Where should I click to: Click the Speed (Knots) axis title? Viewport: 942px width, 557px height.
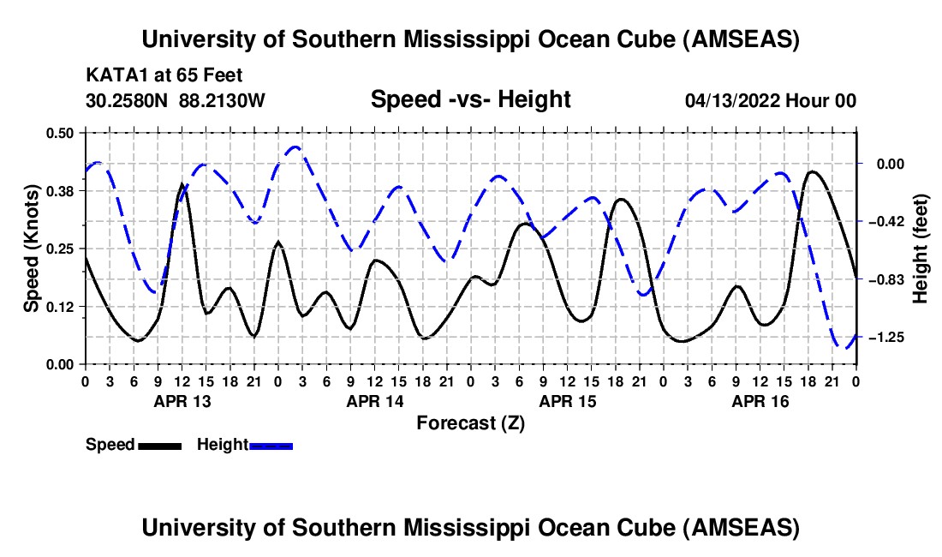pos(31,249)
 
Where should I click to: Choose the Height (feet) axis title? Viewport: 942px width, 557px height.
pos(921,249)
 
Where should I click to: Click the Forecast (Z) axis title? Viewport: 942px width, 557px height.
pos(470,422)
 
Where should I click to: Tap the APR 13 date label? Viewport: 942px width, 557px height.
pos(181,401)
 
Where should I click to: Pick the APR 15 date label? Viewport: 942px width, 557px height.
pos(567,401)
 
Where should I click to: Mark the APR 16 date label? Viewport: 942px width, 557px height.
pos(760,401)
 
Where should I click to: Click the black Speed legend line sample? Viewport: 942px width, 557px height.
pos(158,446)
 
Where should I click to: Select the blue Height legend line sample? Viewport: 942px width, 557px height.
pos(271,446)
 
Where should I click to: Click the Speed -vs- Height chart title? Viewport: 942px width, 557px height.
pos(470,100)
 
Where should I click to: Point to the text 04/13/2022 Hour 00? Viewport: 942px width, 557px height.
pos(771,101)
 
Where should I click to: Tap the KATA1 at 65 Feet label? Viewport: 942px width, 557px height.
pos(152,75)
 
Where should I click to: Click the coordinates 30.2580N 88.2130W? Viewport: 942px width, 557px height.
pos(176,101)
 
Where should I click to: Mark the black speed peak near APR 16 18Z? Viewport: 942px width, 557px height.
pos(812,171)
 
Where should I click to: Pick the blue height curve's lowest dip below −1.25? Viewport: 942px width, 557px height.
pos(844,348)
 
